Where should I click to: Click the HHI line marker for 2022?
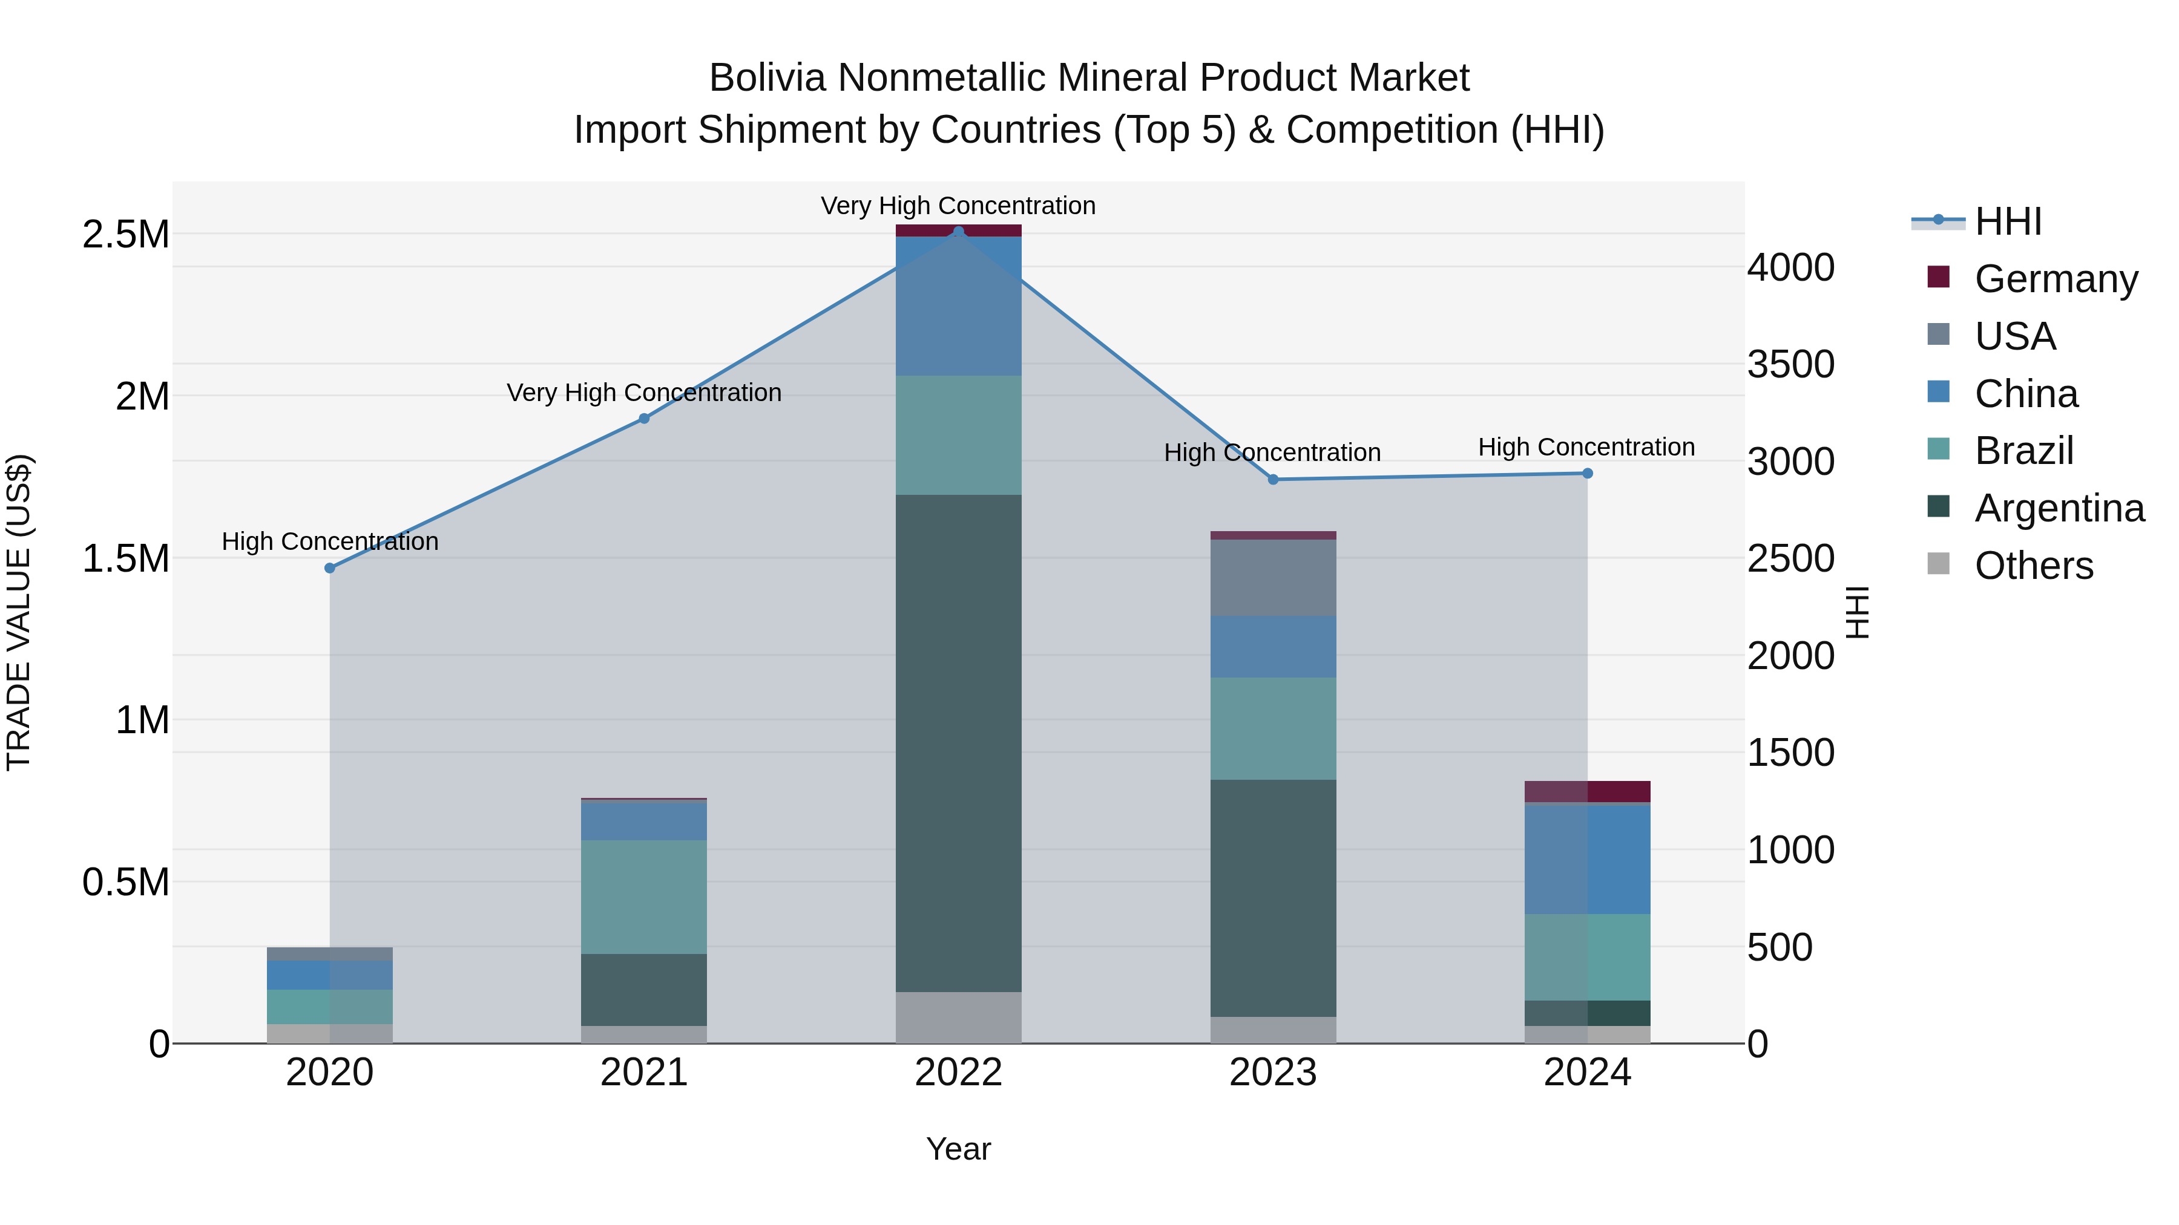coord(958,232)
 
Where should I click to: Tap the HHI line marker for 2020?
coord(330,568)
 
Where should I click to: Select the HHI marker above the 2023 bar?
coord(1273,479)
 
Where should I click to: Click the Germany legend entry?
coord(2056,278)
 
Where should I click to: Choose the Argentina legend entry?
coord(2059,508)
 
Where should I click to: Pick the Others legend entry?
coord(2034,566)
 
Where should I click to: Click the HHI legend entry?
coord(2008,221)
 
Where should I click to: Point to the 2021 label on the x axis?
coord(644,1073)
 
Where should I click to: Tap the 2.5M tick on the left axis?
coord(126,234)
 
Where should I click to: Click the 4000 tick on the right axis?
coord(1791,267)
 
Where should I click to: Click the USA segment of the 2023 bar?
coord(1273,578)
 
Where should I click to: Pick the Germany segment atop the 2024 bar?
coord(1588,791)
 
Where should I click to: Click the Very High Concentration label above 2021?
coord(644,393)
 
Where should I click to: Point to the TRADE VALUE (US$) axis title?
coord(19,612)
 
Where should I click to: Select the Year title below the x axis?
coord(958,1149)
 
